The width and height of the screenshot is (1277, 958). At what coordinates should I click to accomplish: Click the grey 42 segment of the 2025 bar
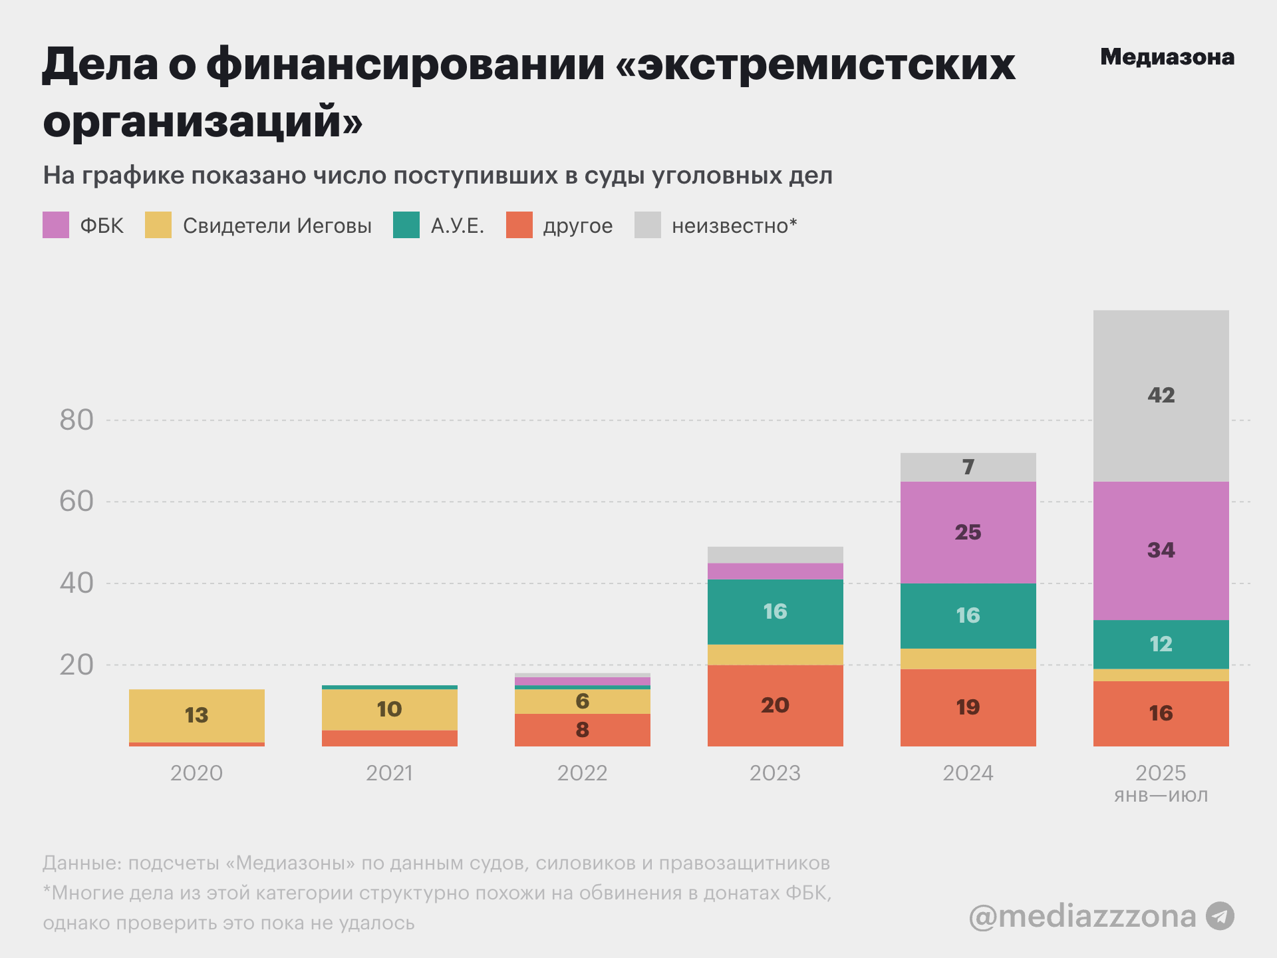coord(1161,395)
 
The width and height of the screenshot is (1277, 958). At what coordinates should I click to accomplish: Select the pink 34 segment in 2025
coord(1161,550)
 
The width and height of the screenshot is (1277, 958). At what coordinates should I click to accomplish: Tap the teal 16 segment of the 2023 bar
coord(775,611)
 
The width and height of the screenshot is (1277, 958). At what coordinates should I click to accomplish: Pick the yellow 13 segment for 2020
coord(196,715)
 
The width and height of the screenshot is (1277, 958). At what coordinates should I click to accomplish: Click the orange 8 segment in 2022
coord(582,730)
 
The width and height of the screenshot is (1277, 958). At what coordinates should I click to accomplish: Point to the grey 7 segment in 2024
coord(968,467)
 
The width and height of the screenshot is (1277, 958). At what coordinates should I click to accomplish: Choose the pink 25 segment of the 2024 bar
coord(968,532)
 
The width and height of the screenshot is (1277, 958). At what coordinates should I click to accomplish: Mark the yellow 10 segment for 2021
coord(389,709)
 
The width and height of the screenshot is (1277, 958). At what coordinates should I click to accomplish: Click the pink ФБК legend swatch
coord(56,225)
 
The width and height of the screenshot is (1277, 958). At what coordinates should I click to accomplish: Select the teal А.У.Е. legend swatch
coord(406,225)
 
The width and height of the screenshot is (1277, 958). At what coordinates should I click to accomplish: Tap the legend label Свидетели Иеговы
coord(277,226)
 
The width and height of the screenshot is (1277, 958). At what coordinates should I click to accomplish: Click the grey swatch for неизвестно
coord(648,225)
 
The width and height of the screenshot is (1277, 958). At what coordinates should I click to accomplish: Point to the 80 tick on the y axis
coord(76,420)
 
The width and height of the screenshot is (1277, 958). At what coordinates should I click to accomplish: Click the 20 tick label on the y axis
coord(76,665)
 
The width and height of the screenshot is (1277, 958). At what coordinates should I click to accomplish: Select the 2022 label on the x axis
coord(582,773)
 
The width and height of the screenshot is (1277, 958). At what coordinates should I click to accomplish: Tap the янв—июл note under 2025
coord(1161,796)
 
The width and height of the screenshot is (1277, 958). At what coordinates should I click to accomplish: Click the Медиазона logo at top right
coord(1167,57)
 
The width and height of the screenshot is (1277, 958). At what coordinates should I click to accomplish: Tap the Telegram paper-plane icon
coord(1220,916)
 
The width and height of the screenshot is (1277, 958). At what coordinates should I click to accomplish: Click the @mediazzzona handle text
coord(1082,917)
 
